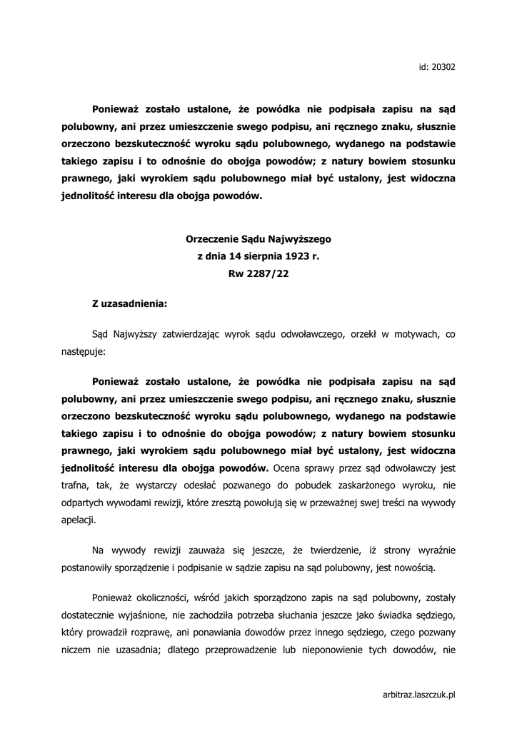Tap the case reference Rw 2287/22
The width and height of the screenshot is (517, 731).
258,273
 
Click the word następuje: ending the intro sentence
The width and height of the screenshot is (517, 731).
84,352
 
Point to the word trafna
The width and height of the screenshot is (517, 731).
74,486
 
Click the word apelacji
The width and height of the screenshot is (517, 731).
77,521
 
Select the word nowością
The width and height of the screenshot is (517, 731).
408,568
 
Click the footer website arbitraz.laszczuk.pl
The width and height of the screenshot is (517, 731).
419,695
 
